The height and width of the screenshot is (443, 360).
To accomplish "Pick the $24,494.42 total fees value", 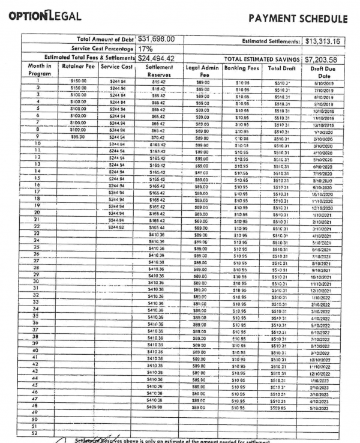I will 160,58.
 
